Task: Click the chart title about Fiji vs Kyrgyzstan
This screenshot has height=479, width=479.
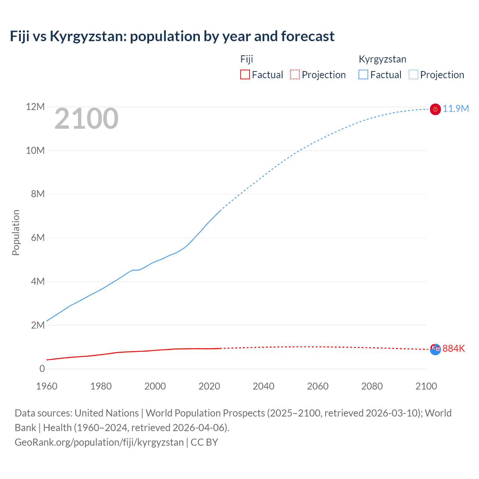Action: pos(172,36)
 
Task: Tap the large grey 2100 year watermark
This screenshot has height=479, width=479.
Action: pos(86,119)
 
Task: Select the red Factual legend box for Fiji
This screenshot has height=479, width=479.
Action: pos(245,74)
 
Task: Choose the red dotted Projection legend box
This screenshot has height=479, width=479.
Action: pos(295,74)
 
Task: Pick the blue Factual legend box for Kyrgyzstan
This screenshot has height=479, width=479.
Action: pos(363,74)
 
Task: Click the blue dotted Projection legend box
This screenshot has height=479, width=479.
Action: pos(413,74)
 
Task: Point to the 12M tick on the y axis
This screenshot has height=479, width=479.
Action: pos(35,107)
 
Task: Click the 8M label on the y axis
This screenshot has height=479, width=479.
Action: pos(38,194)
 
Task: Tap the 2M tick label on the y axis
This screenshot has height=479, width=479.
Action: pos(38,325)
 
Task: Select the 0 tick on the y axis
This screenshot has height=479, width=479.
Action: pos(42,369)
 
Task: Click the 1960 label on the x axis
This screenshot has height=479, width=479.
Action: pos(47,386)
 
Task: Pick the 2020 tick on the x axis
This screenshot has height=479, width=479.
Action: pos(209,386)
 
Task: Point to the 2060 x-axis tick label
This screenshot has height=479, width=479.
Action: pos(318,386)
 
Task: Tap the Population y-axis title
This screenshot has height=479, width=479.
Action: pos(16,232)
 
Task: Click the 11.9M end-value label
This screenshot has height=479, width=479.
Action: pos(456,109)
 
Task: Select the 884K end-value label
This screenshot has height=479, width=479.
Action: pos(454,349)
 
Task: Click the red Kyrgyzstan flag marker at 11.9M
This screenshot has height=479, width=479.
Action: pos(435,109)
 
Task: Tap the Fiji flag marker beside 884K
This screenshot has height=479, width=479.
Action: pos(435,349)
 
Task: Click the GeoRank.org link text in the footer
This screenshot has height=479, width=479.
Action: pos(99,442)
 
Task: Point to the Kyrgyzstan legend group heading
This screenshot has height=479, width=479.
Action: pos(382,59)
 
